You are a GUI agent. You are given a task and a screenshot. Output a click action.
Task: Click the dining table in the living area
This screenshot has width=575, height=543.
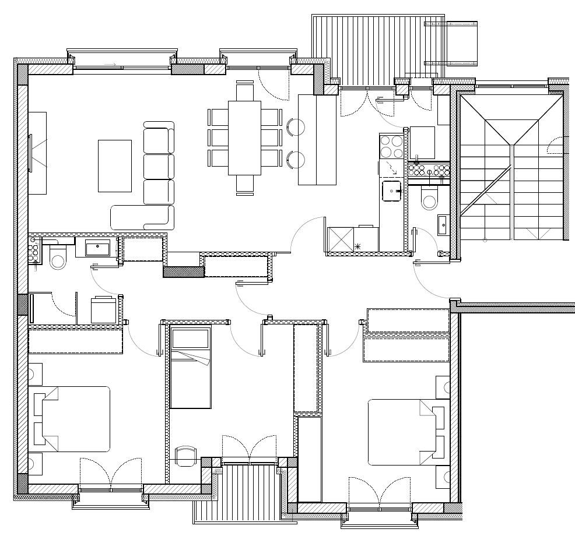point(244,137)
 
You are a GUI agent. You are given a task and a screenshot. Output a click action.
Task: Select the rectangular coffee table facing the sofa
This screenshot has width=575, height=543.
point(115,165)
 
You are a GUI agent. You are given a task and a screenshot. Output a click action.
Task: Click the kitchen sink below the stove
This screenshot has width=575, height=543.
point(391,189)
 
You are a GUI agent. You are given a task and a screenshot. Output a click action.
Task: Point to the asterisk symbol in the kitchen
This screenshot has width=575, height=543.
point(357,246)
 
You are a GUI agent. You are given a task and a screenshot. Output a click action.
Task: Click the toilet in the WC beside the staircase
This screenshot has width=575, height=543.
point(429,200)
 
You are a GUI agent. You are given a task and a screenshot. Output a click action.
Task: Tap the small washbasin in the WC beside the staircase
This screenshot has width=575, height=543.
point(442,224)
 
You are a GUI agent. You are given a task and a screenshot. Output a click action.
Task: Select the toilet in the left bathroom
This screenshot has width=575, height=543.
point(58,258)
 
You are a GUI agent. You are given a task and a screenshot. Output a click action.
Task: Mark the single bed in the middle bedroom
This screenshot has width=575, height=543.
point(191,368)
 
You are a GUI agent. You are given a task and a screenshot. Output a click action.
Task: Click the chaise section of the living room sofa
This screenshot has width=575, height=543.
point(142,217)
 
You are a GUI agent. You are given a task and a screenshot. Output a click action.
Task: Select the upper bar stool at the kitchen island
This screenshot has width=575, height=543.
point(296,126)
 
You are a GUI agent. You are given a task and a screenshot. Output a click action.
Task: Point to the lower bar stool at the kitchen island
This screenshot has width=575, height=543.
point(296,158)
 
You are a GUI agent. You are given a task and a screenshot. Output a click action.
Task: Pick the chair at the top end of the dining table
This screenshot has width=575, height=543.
point(245,92)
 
